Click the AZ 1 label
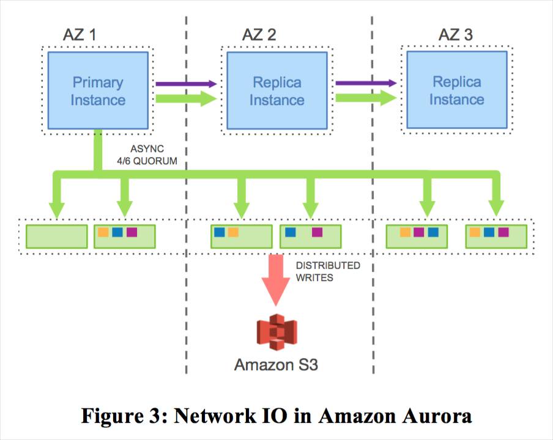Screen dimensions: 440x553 tap(80, 34)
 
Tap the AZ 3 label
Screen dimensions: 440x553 tap(455, 34)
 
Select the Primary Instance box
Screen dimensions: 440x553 tap(98, 90)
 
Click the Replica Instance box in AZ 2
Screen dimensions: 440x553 tap(276, 90)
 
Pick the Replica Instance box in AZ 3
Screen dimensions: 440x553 tap(456, 90)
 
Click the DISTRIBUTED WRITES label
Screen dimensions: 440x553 tap(327, 272)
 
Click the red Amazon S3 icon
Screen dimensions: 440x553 tap(275, 332)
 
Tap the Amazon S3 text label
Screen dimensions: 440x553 tap(276, 365)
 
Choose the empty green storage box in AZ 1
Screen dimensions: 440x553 tap(57, 236)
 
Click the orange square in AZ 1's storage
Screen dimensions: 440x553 tap(103, 232)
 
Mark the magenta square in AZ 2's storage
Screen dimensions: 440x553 tap(317, 232)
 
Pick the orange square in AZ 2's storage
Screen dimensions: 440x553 tap(233, 232)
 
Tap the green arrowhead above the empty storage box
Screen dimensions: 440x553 tap(57, 208)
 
